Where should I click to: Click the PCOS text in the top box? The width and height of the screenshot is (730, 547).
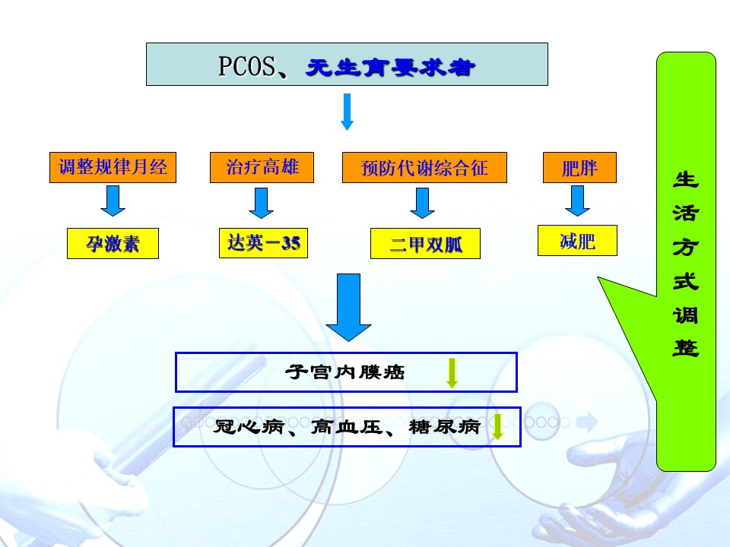point(246,65)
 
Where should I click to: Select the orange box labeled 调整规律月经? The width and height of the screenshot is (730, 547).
point(113,167)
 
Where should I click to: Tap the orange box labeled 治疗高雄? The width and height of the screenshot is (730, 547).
point(262,167)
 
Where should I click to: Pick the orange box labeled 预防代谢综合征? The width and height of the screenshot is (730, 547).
point(424,167)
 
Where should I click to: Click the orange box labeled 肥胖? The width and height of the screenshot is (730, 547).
point(579,167)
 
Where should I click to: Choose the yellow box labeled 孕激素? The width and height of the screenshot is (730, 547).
point(113,243)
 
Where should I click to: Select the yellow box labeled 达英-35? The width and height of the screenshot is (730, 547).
point(264,243)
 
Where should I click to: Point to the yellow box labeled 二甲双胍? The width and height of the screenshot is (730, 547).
point(425,243)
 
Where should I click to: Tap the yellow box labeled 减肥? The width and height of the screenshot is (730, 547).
point(577,241)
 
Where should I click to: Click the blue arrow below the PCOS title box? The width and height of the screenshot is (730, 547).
point(347,112)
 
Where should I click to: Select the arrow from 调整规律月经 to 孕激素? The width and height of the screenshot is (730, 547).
point(113,201)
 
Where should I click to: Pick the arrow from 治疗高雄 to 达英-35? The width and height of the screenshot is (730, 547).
point(261,203)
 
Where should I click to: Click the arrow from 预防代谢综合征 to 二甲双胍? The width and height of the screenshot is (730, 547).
point(422,203)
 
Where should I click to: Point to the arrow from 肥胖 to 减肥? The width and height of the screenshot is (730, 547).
point(577,201)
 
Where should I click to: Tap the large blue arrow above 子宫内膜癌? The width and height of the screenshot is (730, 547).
point(348,307)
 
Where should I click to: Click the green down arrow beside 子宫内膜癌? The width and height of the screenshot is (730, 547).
point(452,373)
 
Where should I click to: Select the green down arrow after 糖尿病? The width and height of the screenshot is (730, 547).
point(497,426)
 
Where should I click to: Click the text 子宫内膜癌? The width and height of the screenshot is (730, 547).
point(345,372)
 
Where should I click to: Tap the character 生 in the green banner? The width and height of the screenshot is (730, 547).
point(686,179)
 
